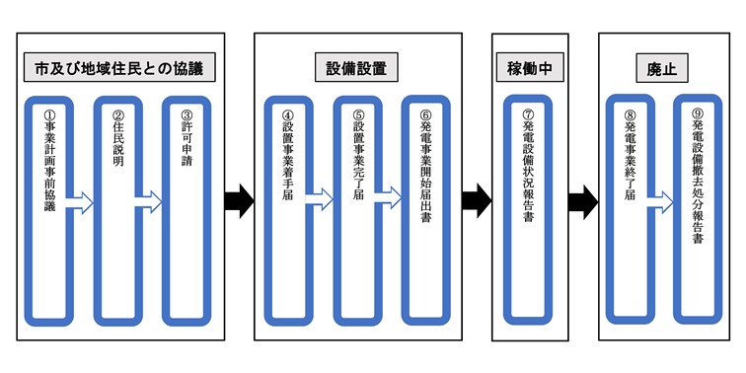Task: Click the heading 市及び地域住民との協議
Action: pos(118,70)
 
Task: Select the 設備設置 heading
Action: pos(356,70)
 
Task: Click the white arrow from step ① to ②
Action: pos(81,203)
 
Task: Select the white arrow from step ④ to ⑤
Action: pos(320,200)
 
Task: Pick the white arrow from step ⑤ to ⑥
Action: pos(389,200)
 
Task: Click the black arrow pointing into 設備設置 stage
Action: pos(238,200)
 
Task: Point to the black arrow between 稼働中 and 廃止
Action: pos(581,200)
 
